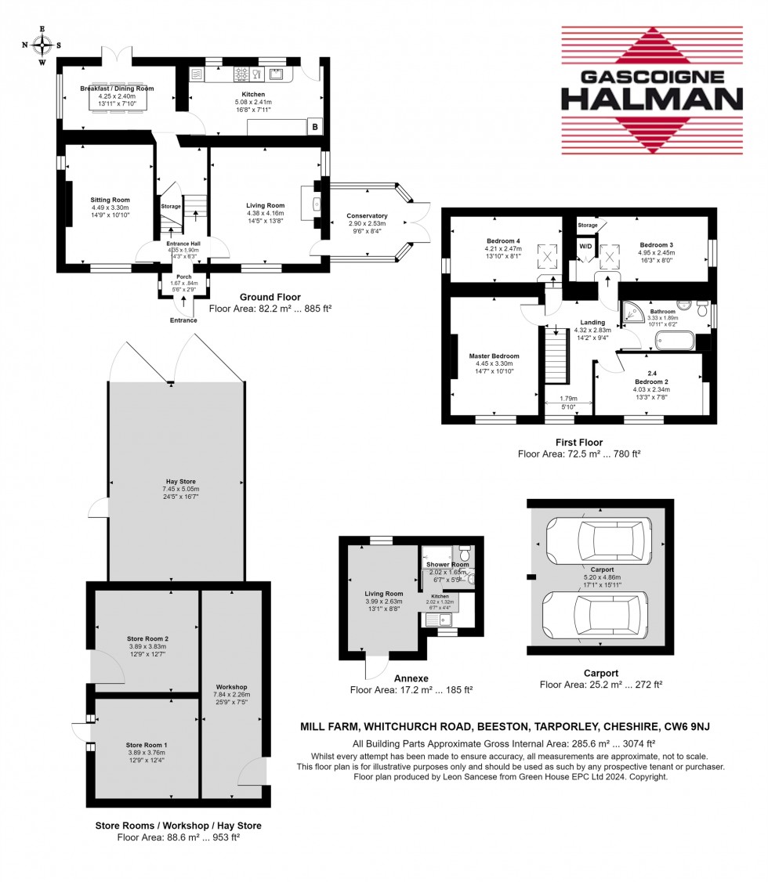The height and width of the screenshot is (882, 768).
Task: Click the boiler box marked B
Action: coord(315,127)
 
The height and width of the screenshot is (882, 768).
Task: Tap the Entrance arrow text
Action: coord(184,320)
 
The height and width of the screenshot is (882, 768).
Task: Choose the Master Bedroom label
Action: coord(494,357)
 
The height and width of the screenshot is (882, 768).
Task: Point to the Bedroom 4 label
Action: coord(499,240)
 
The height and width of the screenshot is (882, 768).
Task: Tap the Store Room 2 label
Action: coord(147,638)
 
